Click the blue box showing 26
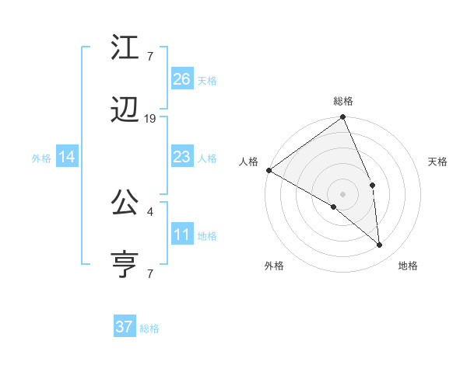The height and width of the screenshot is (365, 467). tap(182, 78)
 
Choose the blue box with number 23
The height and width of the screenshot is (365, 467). tap(182, 157)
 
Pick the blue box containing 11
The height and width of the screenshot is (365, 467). tap(182, 235)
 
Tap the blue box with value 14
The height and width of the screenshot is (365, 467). tap(67, 157)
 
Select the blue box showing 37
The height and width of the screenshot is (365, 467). tap(125, 327)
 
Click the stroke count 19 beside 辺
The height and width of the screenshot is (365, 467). tap(150, 118)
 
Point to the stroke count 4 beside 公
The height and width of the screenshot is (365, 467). tap(149, 210)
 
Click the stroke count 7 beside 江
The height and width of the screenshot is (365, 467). tap(149, 56)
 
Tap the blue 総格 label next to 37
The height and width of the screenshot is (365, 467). tap(149, 328)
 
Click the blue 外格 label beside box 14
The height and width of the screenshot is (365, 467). tap(41, 158)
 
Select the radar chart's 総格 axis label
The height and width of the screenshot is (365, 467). tap(343, 101)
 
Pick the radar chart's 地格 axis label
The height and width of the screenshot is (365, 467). tap(408, 266)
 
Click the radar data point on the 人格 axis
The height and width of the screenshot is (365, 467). tap(269, 170)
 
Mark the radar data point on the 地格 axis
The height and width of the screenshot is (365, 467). tap(380, 245)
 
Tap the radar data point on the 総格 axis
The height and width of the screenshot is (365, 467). tap(343, 118)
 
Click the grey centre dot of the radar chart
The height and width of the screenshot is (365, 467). tap(342, 194)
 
